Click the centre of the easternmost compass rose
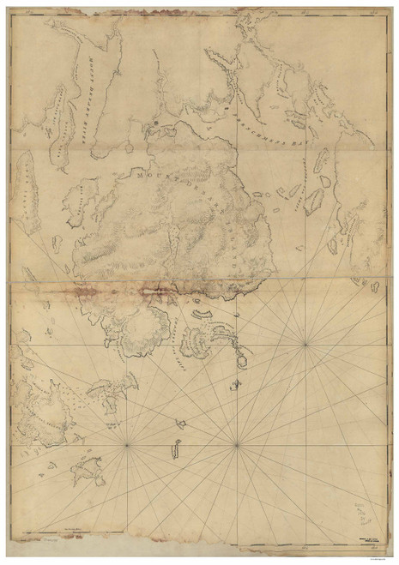[305, 346]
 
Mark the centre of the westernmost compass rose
[127, 444]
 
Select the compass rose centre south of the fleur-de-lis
[236, 444]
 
